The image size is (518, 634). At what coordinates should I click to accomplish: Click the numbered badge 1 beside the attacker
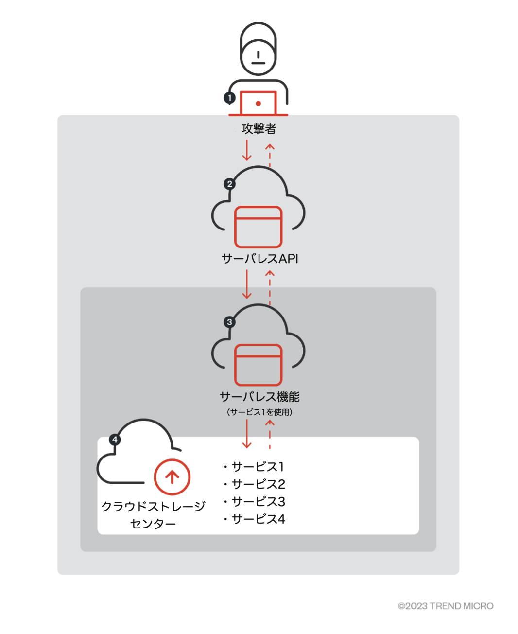230,98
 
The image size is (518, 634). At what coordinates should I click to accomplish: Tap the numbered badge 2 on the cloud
230,184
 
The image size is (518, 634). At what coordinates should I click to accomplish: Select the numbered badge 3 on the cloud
230,322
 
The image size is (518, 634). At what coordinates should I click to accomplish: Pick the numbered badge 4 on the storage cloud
115,440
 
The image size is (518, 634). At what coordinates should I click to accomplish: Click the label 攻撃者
259,129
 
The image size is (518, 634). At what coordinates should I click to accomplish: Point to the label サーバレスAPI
259,259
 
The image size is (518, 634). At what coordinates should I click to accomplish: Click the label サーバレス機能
259,397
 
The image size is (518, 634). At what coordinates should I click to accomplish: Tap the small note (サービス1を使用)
259,412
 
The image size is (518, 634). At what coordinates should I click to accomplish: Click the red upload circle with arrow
172,477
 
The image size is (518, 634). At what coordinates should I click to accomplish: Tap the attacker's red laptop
259,103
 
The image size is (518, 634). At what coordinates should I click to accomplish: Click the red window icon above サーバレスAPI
259,227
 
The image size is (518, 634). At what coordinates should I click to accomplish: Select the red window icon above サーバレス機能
259,365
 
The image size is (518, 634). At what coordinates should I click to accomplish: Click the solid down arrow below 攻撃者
247,150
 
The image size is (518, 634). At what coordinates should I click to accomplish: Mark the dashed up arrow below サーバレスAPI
270,287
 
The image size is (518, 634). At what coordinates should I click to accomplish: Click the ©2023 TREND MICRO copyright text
445,606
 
